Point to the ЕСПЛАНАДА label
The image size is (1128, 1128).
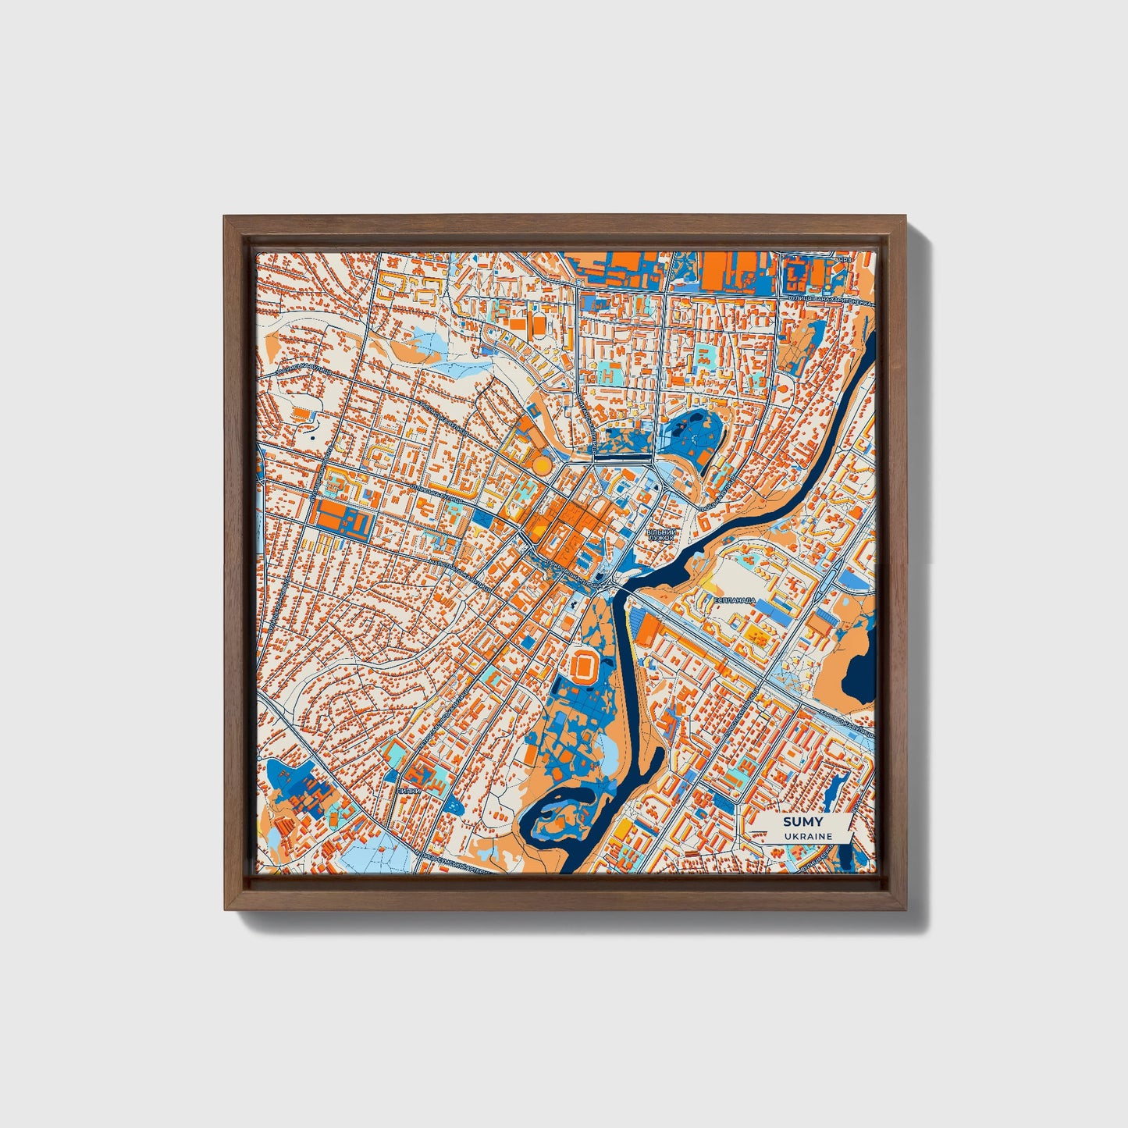tap(735, 600)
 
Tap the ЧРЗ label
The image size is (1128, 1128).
tap(843, 259)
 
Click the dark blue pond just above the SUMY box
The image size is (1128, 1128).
tap(838, 790)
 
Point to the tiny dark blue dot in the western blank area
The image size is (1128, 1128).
tap(312, 438)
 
